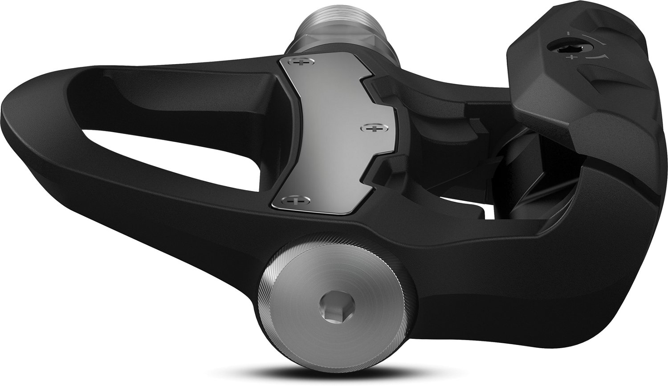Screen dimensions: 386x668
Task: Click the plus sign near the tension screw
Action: (570, 57)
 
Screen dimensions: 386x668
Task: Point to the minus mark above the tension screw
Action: (568, 33)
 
